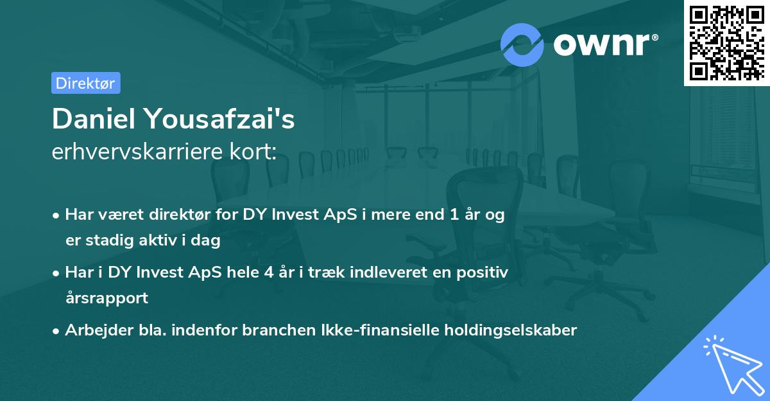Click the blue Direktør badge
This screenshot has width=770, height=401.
(x=85, y=83)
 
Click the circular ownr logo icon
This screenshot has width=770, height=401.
(x=522, y=45)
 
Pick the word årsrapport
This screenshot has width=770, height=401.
(x=107, y=298)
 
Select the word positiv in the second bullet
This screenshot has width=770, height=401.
(x=484, y=272)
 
